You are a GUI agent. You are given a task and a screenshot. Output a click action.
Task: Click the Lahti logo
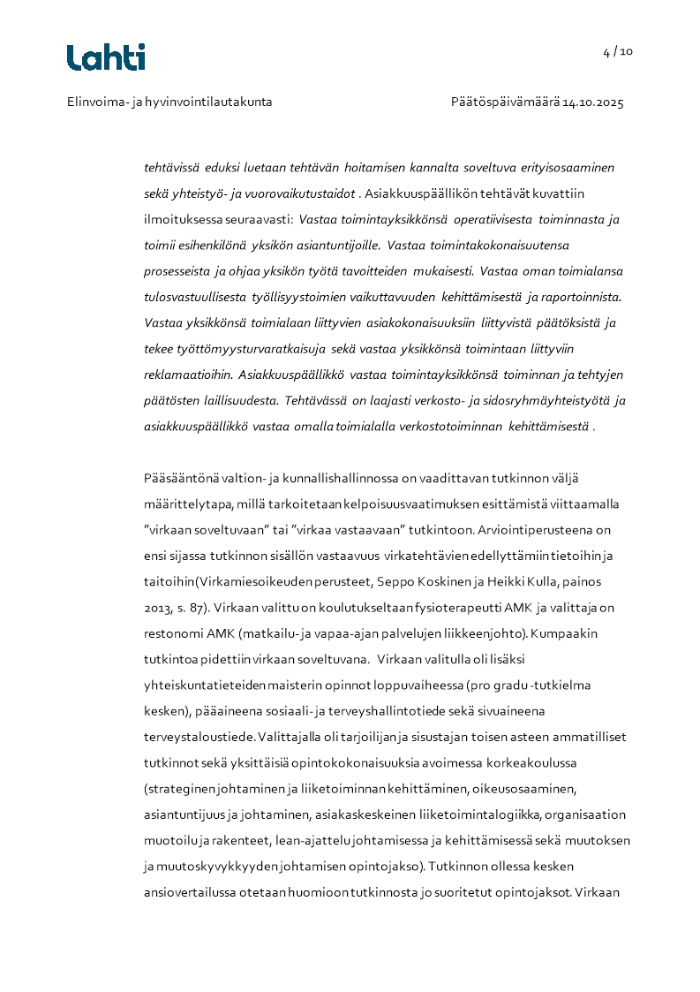click(x=106, y=57)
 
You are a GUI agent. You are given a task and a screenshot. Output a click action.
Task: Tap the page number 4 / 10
click(x=618, y=51)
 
